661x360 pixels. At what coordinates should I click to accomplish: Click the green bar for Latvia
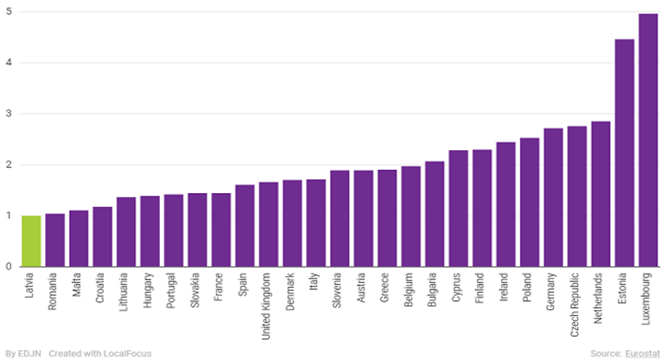pos(31,241)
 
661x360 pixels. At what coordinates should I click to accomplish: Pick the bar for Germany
pos(553,197)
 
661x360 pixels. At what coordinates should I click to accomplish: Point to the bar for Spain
pos(245,225)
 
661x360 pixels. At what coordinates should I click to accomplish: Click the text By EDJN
pos(22,353)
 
